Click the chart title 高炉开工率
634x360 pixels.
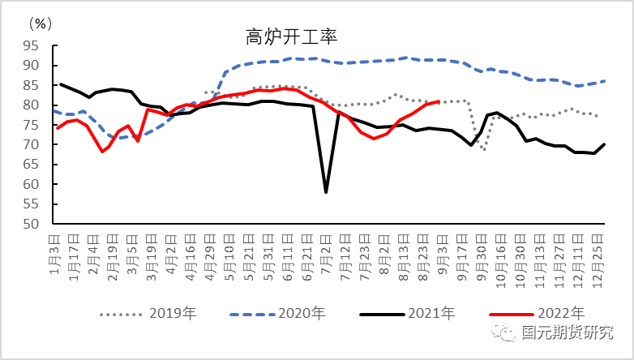click(291, 36)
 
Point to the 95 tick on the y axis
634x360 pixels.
click(32, 45)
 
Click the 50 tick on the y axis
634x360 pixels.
click(32, 224)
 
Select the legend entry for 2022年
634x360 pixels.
click(536, 313)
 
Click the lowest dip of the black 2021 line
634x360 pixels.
click(326, 192)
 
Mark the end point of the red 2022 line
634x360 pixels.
click(439, 102)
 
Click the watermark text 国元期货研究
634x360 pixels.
click(567, 333)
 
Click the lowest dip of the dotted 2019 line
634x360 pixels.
click(485, 150)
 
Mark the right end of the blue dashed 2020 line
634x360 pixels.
click(606, 81)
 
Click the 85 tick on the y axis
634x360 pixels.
click(32, 85)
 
